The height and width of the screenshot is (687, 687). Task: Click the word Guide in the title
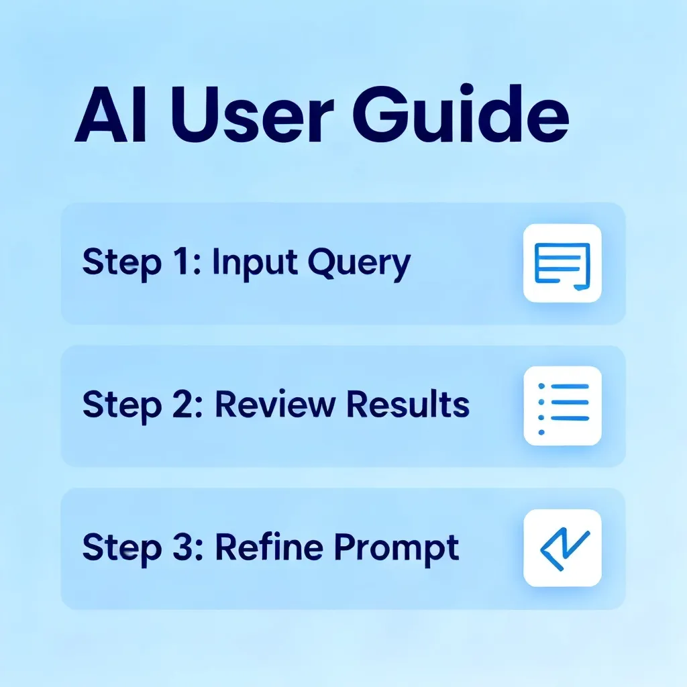[x=461, y=114]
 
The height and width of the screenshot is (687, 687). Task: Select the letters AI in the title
[x=110, y=115]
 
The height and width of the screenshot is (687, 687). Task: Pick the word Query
[x=360, y=264]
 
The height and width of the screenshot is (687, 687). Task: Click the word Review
[x=275, y=404]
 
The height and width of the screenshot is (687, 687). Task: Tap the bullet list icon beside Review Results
[x=563, y=409]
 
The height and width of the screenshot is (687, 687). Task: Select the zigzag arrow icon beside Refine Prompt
[x=564, y=549]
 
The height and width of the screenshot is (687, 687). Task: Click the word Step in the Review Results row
[x=122, y=406]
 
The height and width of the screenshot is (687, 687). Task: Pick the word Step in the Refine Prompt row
[x=122, y=548]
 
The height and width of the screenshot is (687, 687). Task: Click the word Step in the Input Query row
[x=122, y=264]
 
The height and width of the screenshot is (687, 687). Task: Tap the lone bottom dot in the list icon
[x=541, y=433]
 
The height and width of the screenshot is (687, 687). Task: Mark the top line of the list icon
[x=570, y=386]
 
